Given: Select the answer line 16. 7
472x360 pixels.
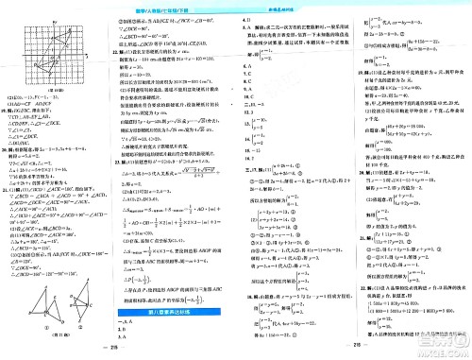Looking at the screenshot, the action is (x=250, y=159).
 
